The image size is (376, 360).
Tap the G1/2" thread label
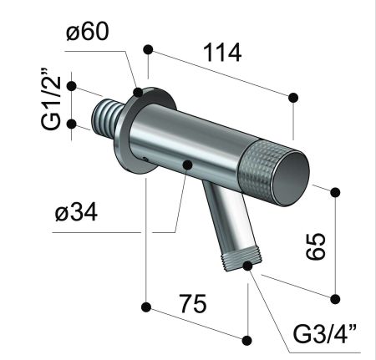coord(52,105)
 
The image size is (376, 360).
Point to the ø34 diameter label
coord(76,213)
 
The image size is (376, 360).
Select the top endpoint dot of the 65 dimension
coord(335,192)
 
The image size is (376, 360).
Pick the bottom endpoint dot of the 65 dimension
coord(335,298)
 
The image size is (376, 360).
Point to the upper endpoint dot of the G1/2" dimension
coord(72,86)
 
